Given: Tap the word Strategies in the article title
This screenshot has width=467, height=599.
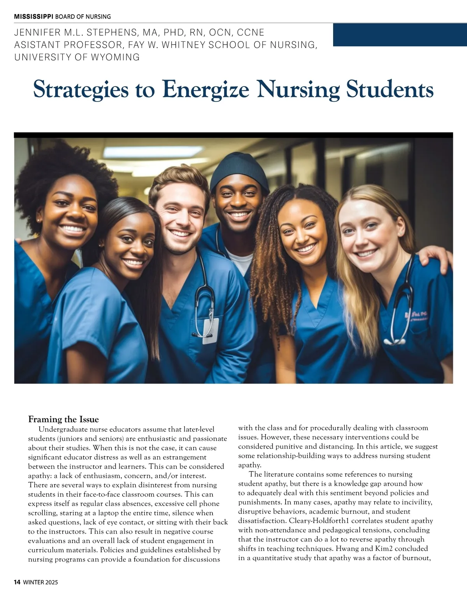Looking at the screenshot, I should [81, 89].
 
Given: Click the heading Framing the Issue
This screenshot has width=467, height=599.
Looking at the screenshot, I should [63, 419].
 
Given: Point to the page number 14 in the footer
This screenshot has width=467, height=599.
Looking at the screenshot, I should [17, 582].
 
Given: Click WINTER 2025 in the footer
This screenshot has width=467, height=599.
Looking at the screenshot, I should [40, 582].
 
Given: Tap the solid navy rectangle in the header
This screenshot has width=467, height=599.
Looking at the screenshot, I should [400, 35].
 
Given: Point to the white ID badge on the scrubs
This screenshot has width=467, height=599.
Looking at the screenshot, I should [211, 331].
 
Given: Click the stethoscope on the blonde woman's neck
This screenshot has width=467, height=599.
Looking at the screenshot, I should [401, 307].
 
